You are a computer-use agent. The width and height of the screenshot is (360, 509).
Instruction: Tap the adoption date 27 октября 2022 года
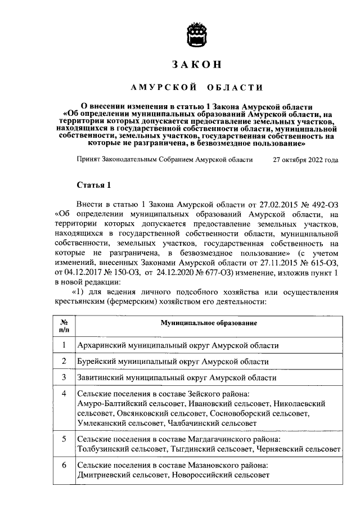pos(305,160)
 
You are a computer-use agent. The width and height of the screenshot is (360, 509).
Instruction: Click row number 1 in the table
pos(64,345)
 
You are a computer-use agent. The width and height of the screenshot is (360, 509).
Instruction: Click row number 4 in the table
pos(64,393)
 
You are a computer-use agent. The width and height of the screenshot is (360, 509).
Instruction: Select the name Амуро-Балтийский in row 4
pos(109,404)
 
